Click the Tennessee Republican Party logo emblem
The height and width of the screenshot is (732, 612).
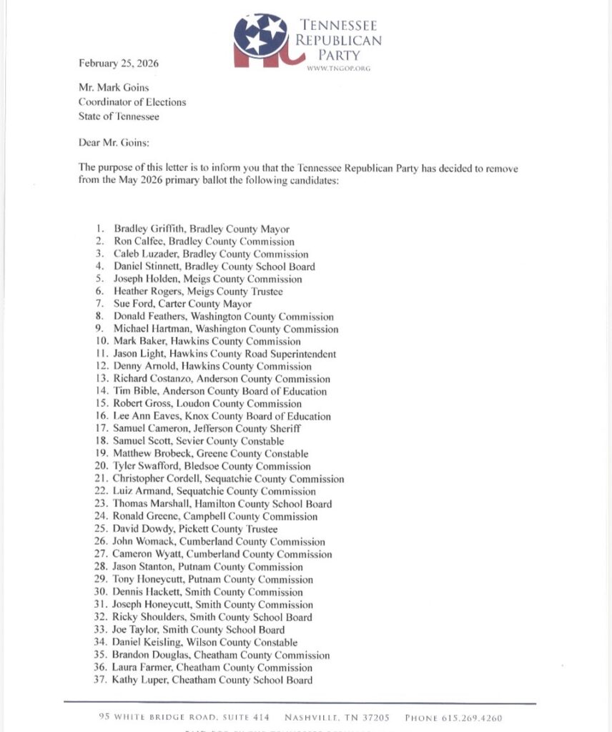pyautogui.click(x=265, y=40)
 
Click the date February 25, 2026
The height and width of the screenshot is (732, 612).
pyautogui.click(x=119, y=64)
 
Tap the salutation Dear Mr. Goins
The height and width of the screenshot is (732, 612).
pyautogui.click(x=113, y=142)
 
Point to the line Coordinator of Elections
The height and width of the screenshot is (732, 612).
pyautogui.click(x=132, y=102)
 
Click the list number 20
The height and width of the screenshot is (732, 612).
pyautogui.click(x=100, y=466)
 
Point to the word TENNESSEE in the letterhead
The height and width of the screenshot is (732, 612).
pyautogui.click(x=344, y=25)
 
